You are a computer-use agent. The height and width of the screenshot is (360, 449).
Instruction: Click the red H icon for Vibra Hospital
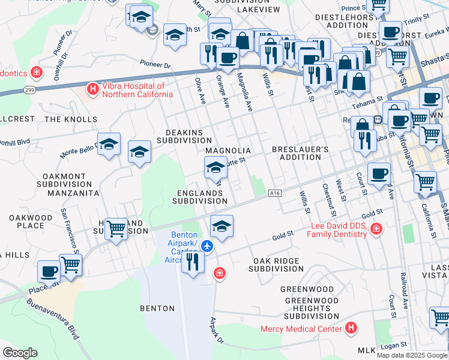(92, 89)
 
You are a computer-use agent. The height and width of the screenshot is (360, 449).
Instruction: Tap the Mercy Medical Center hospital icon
(351, 328)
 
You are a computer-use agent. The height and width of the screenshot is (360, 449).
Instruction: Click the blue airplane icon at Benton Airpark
(207, 246)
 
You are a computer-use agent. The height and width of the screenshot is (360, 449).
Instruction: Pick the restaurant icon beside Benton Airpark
(193, 262)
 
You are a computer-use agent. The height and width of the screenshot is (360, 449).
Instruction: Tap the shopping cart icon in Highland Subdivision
(116, 228)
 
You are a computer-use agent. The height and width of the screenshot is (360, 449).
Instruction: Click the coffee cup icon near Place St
(49, 271)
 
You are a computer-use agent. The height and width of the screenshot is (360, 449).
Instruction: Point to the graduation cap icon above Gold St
(221, 226)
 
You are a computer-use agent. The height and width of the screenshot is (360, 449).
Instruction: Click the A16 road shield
(275, 193)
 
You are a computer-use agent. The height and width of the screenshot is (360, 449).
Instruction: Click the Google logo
(20, 353)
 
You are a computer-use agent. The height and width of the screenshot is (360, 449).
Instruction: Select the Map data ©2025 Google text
(412, 355)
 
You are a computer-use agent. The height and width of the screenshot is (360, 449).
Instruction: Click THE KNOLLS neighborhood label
(71, 119)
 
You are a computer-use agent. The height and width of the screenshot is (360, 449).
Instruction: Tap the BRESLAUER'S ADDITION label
(300, 153)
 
